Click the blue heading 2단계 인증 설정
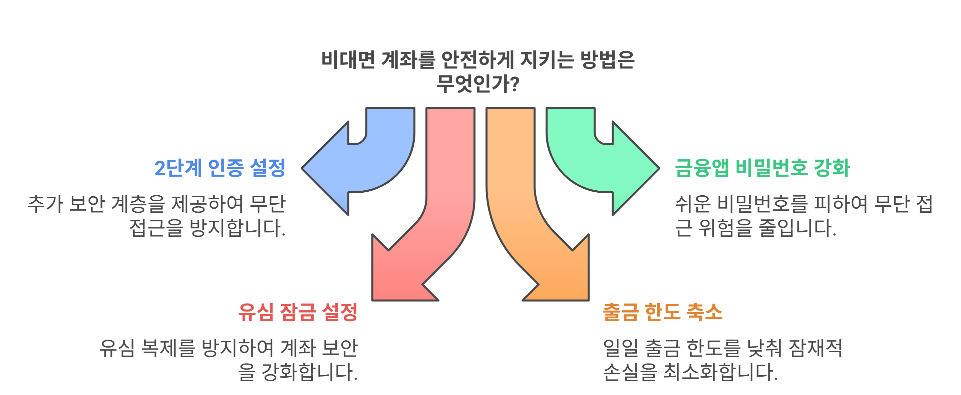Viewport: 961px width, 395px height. pyautogui.click(x=220, y=168)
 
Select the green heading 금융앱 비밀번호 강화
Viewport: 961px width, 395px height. pyautogui.click(x=762, y=168)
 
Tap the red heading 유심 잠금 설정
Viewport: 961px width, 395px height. pyautogui.click(x=298, y=312)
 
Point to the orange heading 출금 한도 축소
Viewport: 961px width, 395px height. pyautogui.click(x=663, y=312)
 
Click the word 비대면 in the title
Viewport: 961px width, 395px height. pyautogui.click(x=348, y=60)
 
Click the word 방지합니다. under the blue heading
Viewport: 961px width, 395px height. pyautogui.click(x=238, y=228)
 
